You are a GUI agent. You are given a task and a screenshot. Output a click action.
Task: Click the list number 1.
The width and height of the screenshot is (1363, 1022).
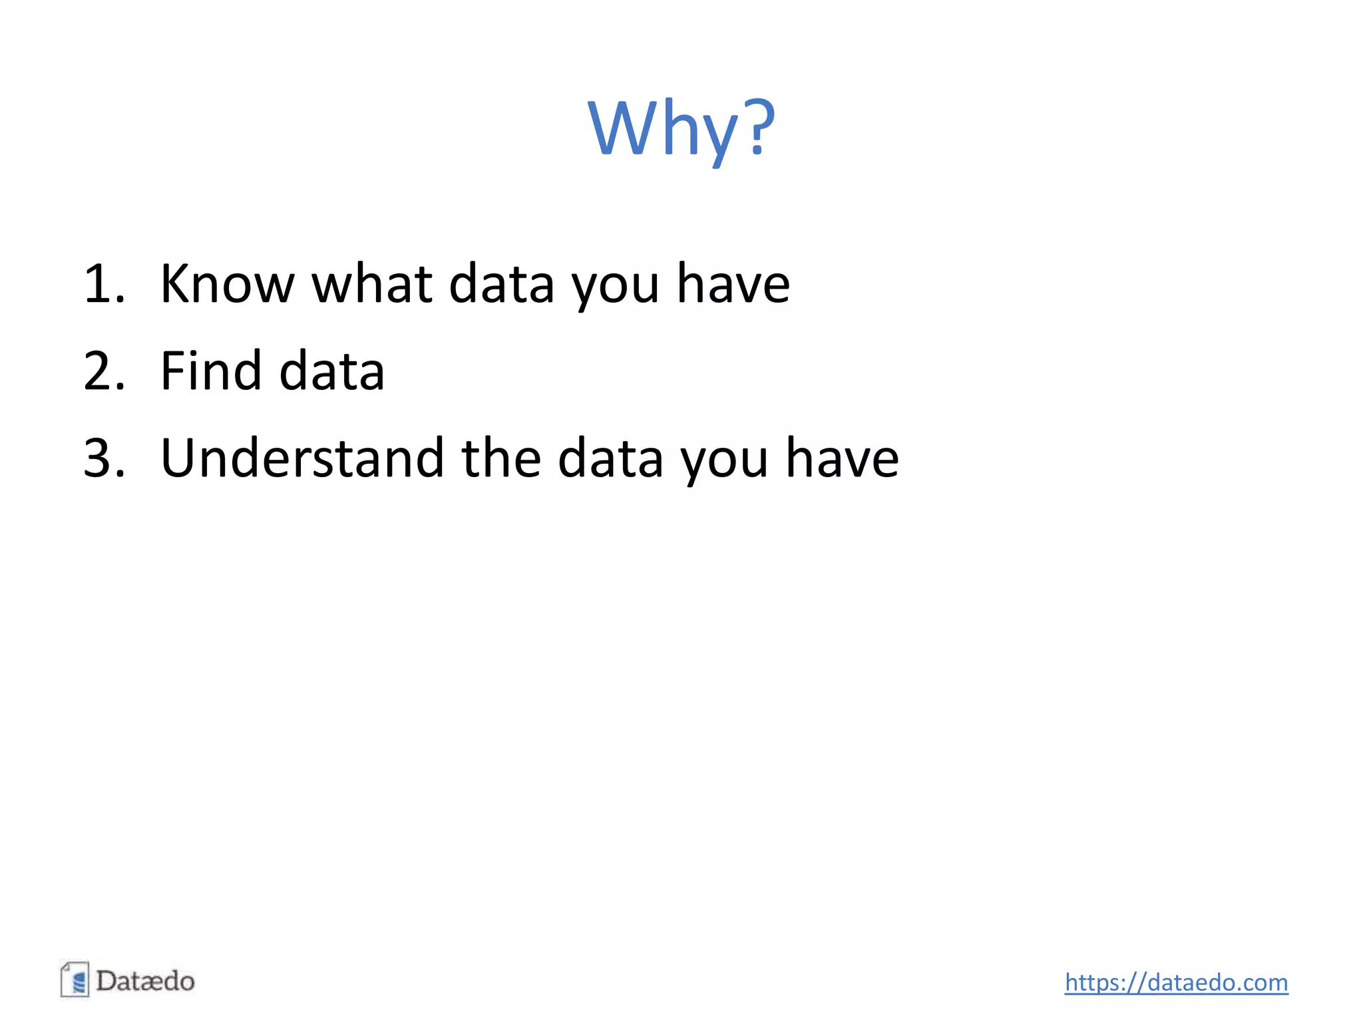(102, 284)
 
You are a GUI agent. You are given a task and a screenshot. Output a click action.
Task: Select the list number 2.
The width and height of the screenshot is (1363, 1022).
(104, 371)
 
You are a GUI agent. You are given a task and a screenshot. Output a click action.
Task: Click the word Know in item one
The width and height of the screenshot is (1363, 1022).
(226, 284)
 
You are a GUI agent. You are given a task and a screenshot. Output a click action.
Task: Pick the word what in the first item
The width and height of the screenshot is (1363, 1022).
(372, 284)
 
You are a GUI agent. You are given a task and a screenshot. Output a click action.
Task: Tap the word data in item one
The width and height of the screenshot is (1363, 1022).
(501, 284)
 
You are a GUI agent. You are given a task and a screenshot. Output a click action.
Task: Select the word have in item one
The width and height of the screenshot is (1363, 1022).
(733, 284)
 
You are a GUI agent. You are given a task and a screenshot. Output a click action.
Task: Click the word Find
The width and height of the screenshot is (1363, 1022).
(211, 371)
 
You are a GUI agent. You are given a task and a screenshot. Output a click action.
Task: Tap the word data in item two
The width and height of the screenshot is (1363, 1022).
(331, 371)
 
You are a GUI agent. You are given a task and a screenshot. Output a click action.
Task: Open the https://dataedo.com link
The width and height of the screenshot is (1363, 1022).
(1176, 983)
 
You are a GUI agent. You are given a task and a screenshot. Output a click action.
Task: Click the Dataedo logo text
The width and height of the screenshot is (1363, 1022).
(145, 981)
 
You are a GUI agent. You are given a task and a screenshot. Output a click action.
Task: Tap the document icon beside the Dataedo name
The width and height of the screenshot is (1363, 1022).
(75, 979)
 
